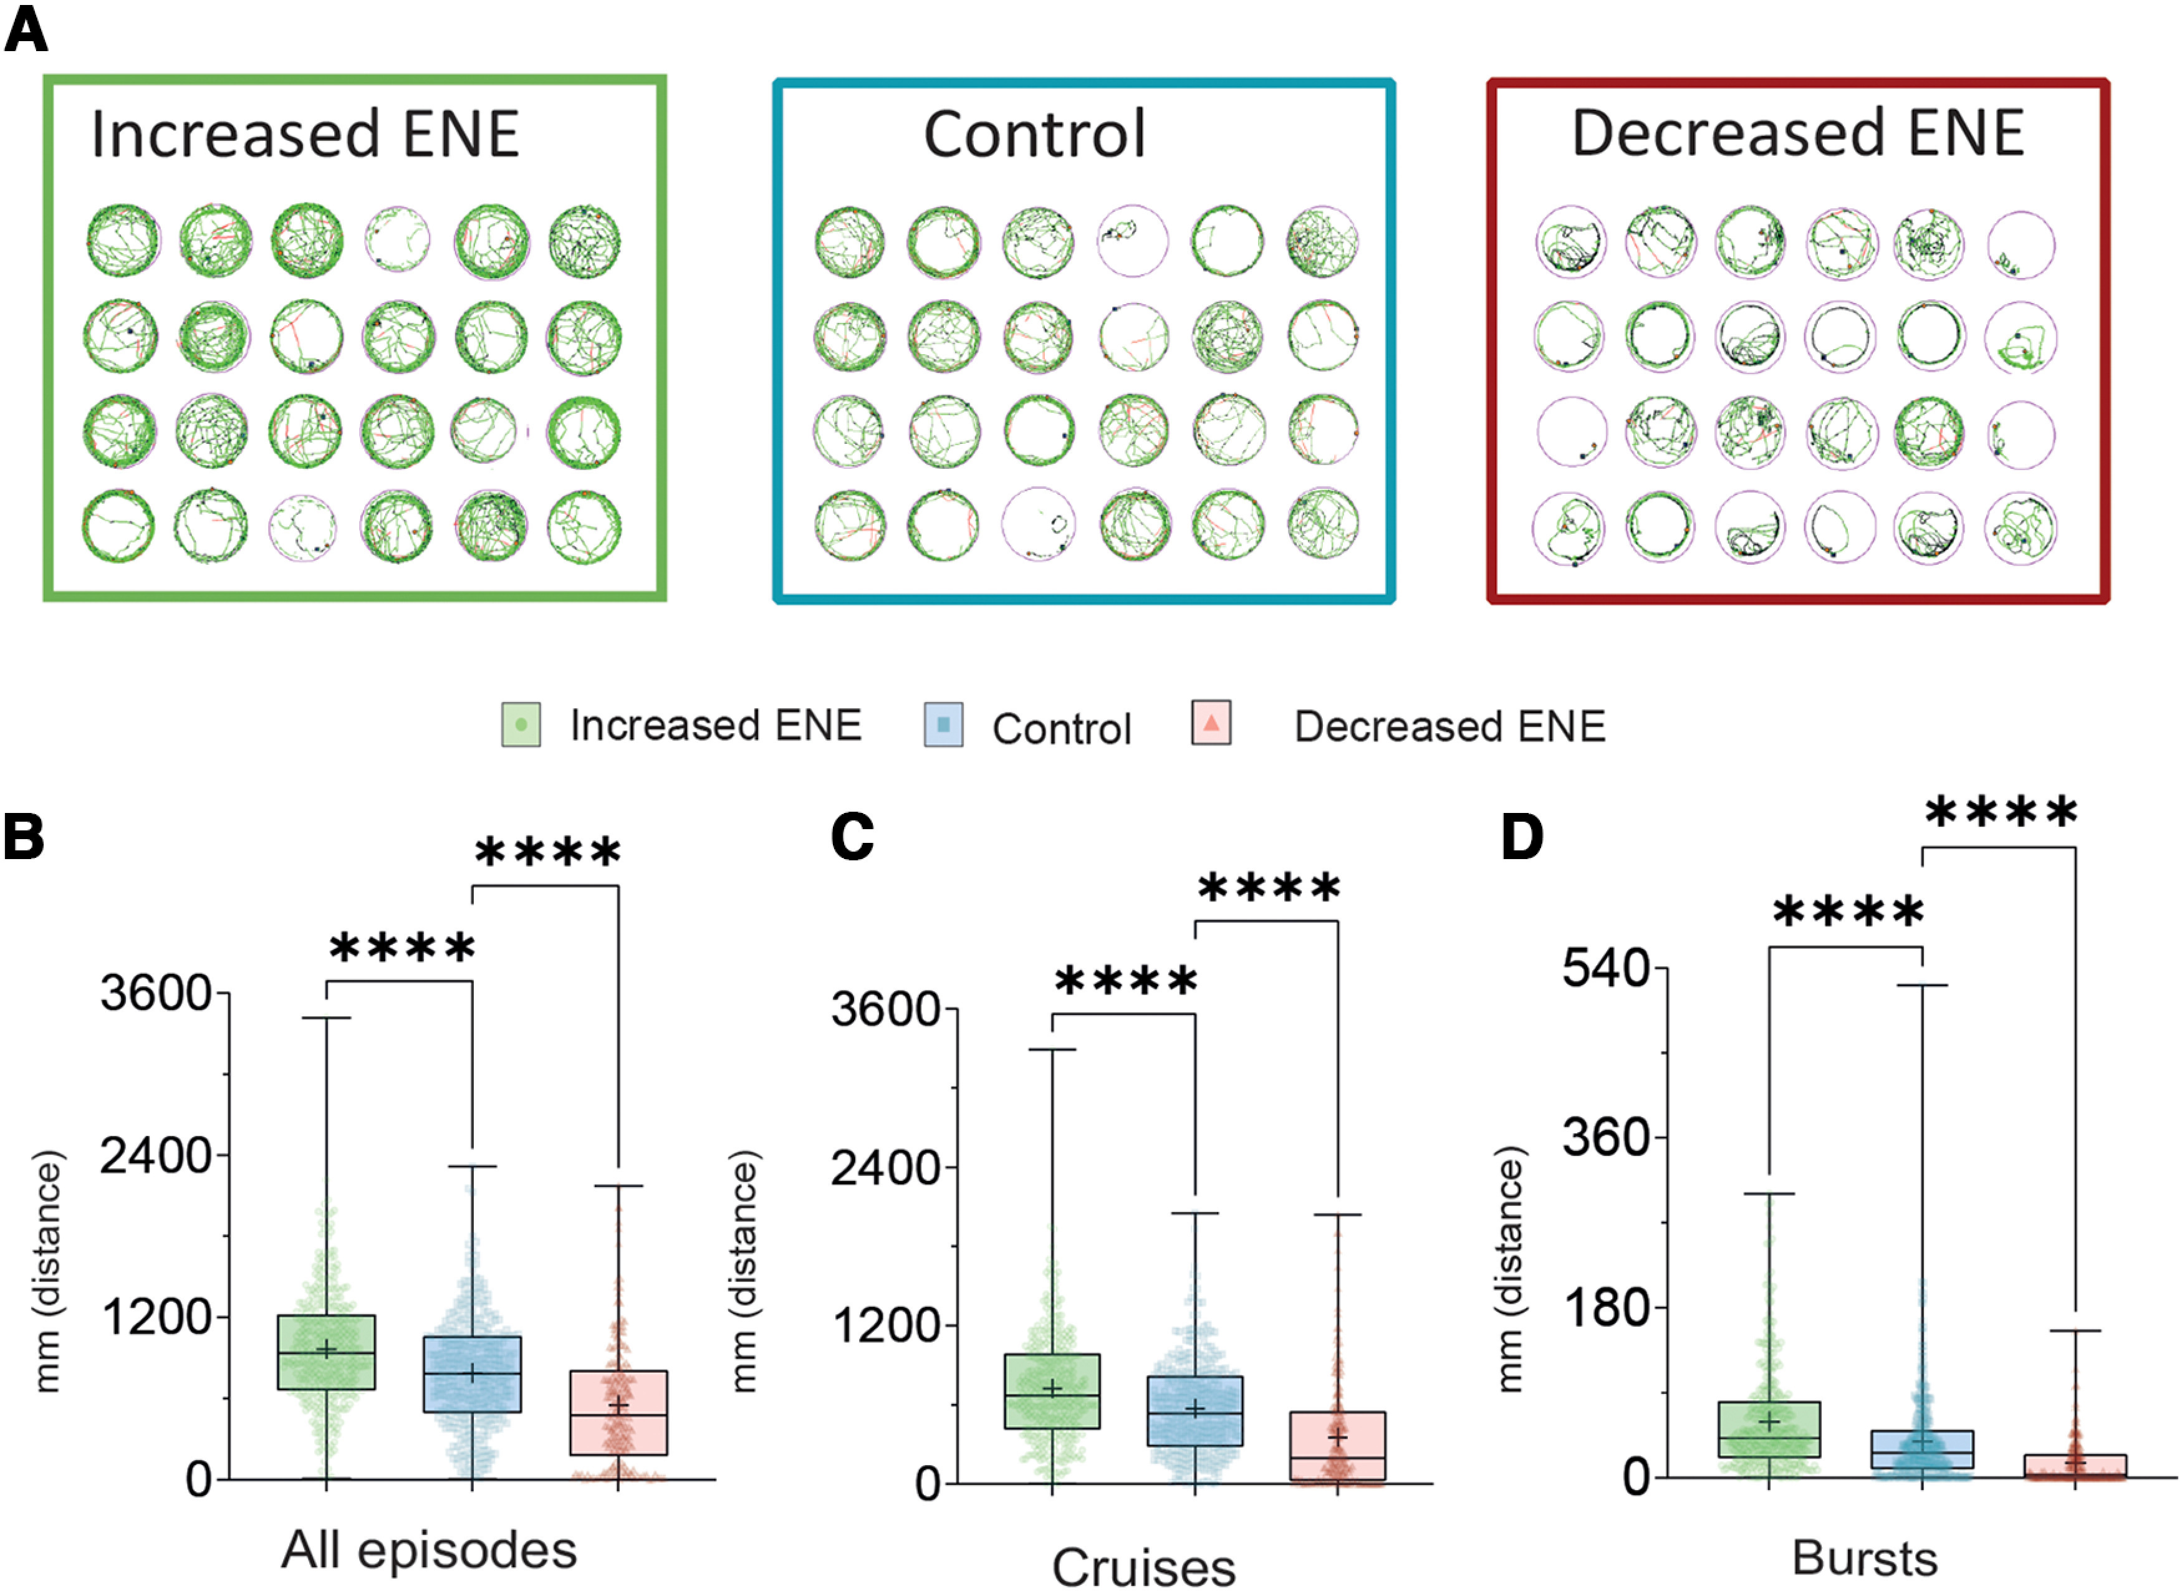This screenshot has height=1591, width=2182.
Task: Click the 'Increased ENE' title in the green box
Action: (x=305, y=134)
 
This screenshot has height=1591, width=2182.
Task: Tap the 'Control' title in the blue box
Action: (x=1035, y=134)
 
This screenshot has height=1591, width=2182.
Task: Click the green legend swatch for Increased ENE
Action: (x=521, y=724)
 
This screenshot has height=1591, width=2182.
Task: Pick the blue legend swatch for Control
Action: (x=944, y=724)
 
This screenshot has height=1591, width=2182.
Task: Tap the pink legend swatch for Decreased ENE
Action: (x=1211, y=723)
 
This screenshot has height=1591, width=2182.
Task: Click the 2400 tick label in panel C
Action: (x=886, y=1168)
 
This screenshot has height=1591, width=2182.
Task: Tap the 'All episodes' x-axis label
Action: (x=430, y=1550)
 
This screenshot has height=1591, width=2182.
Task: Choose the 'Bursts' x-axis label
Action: (x=1865, y=1557)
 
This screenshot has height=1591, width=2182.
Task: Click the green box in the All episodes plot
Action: (x=327, y=1352)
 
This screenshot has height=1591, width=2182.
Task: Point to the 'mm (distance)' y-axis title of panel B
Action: (x=47, y=1271)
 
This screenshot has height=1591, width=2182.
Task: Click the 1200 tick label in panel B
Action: (x=156, y=1317)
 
